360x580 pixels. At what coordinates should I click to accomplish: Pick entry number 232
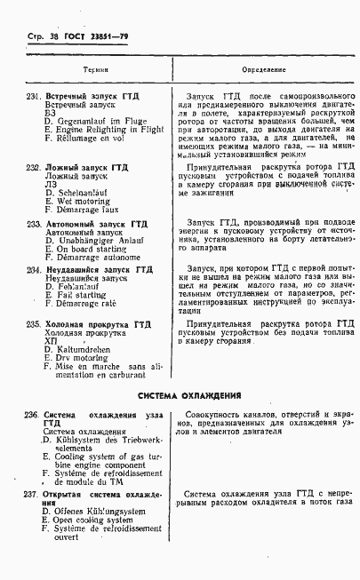point(33,167)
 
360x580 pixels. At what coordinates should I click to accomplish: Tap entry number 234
point(33,269)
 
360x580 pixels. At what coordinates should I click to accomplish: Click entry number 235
point(33,324)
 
